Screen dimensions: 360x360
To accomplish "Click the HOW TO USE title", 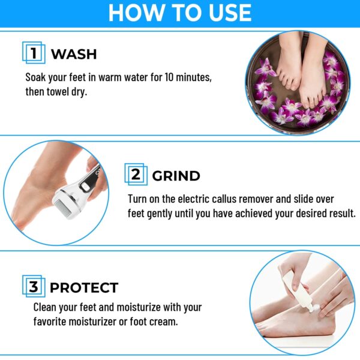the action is click(x=180, y=13).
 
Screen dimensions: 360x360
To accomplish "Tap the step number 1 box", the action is click(x=34, y=53).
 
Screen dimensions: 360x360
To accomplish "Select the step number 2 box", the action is click(x=136, y=174).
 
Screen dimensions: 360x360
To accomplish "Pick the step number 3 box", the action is click(x=34, y=286).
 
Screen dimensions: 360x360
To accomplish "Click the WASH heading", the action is click(x=74, y=54).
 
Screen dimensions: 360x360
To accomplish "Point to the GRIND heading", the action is click(x=176, y=176).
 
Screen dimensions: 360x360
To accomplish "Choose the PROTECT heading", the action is click(x=84, y=287).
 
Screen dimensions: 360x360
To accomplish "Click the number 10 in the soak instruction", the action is click(x=169, y=77).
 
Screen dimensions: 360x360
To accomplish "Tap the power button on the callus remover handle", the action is click(x=86, y=187).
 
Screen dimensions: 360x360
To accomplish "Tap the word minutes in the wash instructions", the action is click(x=194, y=77).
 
